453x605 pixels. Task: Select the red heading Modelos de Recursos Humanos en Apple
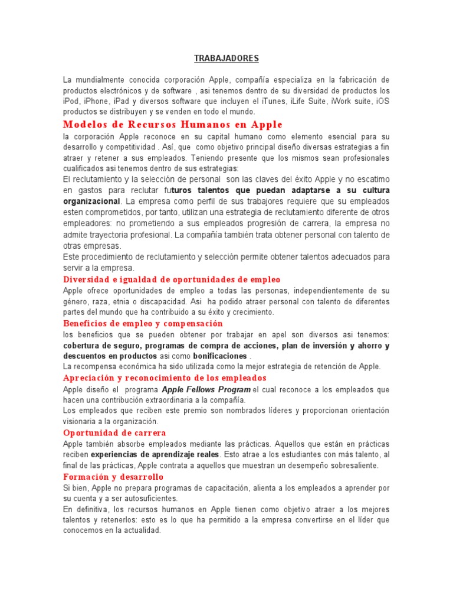pyautogui.click(x=173, y=125)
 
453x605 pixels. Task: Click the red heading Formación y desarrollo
pyautogui.click(x=113, y=477)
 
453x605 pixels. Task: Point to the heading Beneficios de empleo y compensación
pyautogui.click(x=143, y=324)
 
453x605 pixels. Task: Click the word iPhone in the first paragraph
pyautogui.click(x=94, y=101)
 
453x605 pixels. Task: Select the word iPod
pyautogui.click(x=71, y=101)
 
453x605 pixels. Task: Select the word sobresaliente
pyautogui.click(x=349, y=466)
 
